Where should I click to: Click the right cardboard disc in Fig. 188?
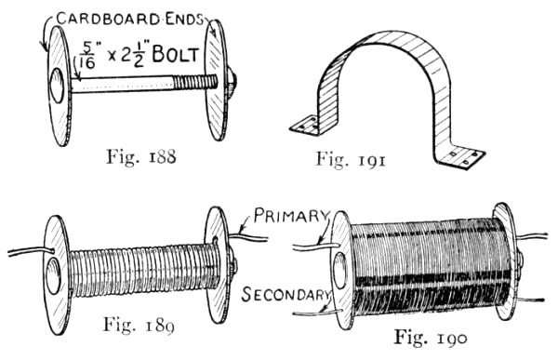(x=217, y=82)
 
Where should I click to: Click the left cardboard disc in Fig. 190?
(x=341, y=270)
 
